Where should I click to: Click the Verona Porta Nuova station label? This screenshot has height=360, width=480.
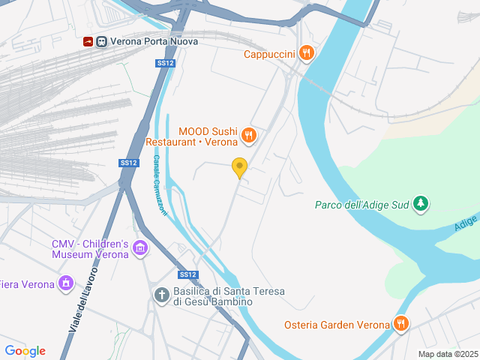coord(154,42)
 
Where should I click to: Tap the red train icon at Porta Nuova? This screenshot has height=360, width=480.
coord(88,42)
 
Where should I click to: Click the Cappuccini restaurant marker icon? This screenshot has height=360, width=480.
coord(306,53)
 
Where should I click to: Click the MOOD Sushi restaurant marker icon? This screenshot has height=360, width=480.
coord(250,136)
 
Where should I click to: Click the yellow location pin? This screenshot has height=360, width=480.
coord(240,168)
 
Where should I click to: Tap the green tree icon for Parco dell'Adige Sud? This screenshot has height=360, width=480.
coord(421,203)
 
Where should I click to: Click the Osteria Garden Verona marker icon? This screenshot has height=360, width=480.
coord(401,324)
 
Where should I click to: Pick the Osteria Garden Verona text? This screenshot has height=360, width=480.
coord(337,325)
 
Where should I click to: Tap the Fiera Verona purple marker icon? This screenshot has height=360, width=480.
coord(66,284)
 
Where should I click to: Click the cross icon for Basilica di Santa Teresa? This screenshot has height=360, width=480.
coord(161,295)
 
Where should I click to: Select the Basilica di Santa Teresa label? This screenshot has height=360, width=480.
coord(213,296)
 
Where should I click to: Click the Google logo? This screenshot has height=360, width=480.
coord(25,351)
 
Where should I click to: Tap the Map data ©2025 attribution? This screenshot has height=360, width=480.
coord(448,354)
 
